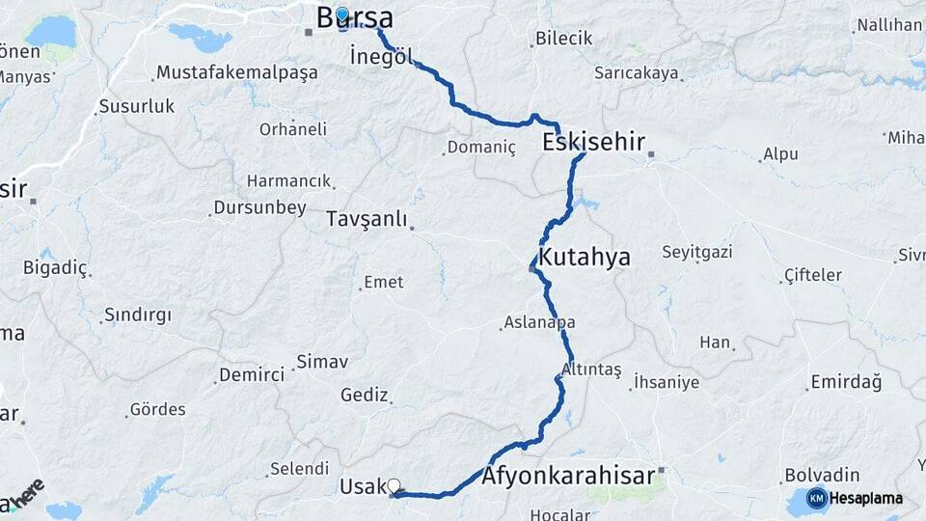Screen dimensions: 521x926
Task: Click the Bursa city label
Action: click(356, 17)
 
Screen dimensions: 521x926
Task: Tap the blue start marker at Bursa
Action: click(341, 14)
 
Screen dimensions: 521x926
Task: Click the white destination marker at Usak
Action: click(394, 485)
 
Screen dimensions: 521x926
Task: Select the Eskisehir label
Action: click(593, 143)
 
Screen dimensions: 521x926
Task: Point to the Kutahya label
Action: click(585, 258)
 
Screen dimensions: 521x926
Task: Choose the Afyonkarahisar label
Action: click(568, 476)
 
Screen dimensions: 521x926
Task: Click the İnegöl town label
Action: click(382, 57)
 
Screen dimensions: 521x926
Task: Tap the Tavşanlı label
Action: click(367, 219)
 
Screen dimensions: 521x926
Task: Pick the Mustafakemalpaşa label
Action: click(236, 72)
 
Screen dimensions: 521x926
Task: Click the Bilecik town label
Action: click(565, 39)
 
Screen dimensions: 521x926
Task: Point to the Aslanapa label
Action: click(539, 323)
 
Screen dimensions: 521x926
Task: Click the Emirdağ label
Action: click(846, 383)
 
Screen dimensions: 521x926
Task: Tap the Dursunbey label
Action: click(259, 207)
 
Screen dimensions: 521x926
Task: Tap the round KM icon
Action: click(816, 498)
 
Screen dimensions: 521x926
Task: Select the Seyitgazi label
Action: click(696, 253)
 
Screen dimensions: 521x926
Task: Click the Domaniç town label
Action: click(483, 148)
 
